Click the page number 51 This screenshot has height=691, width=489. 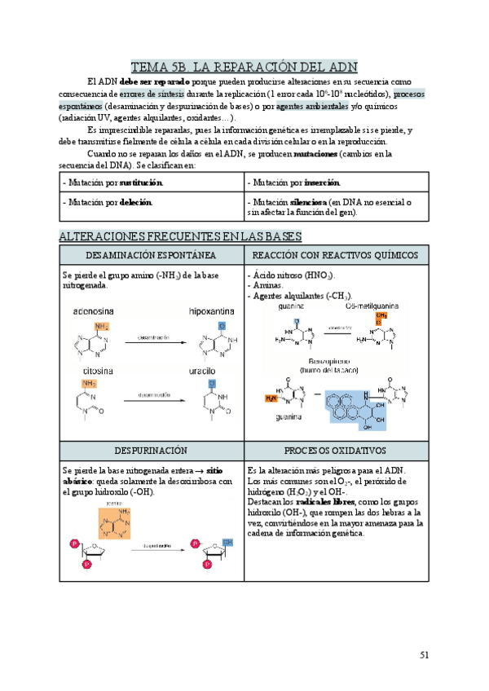pos(424,654)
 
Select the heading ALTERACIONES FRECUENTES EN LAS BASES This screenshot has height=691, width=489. pos(181,236)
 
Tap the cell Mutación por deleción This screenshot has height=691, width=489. pos(107,201)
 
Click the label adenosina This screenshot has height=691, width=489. pos(95,311)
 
